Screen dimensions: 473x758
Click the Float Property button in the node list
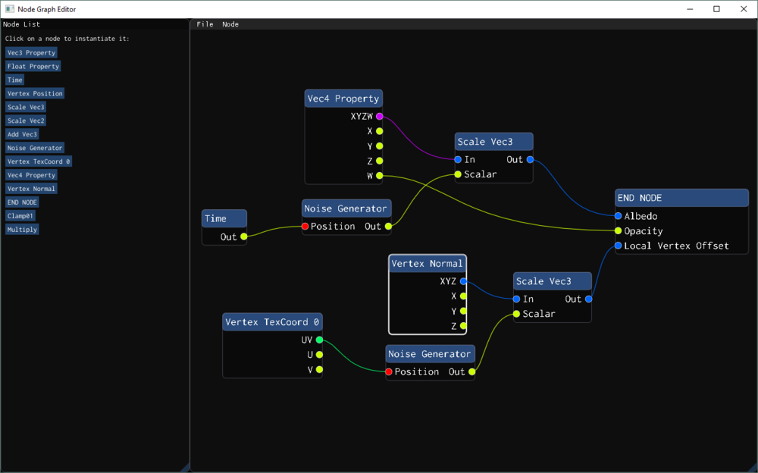[x=33, y=67]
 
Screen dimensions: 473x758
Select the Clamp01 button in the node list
[x=21, y=216]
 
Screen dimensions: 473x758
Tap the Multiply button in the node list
[x=22, y=230]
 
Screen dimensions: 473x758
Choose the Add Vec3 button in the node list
[x=22, y=134]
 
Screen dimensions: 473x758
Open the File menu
[x=205, y=24]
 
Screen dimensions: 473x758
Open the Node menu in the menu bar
[x=230, y=24]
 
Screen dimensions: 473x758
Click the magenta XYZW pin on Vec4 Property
[x=380, y=117]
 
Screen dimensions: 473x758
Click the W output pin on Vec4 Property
[x=380, y=176]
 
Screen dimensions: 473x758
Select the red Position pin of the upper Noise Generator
[x=305, y=227]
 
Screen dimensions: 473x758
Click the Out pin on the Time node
[x=244, y=237]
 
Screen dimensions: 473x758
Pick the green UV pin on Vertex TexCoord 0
[x=320, y=340]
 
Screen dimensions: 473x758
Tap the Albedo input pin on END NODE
[x=619, y=216]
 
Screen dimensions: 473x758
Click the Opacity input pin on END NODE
[x=619, y=231]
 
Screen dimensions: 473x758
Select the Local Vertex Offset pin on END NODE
[x=619, y=246]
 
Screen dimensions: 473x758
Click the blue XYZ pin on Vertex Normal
[x=463, y=281]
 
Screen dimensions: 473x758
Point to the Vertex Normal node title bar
[x=427, y=264]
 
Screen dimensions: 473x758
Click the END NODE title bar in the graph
[x=681, y=198]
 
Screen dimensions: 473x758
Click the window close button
[x=740, y=9]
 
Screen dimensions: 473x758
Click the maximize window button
[x=716, y=9]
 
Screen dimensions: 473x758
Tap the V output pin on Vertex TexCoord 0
[x=320, y=370]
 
